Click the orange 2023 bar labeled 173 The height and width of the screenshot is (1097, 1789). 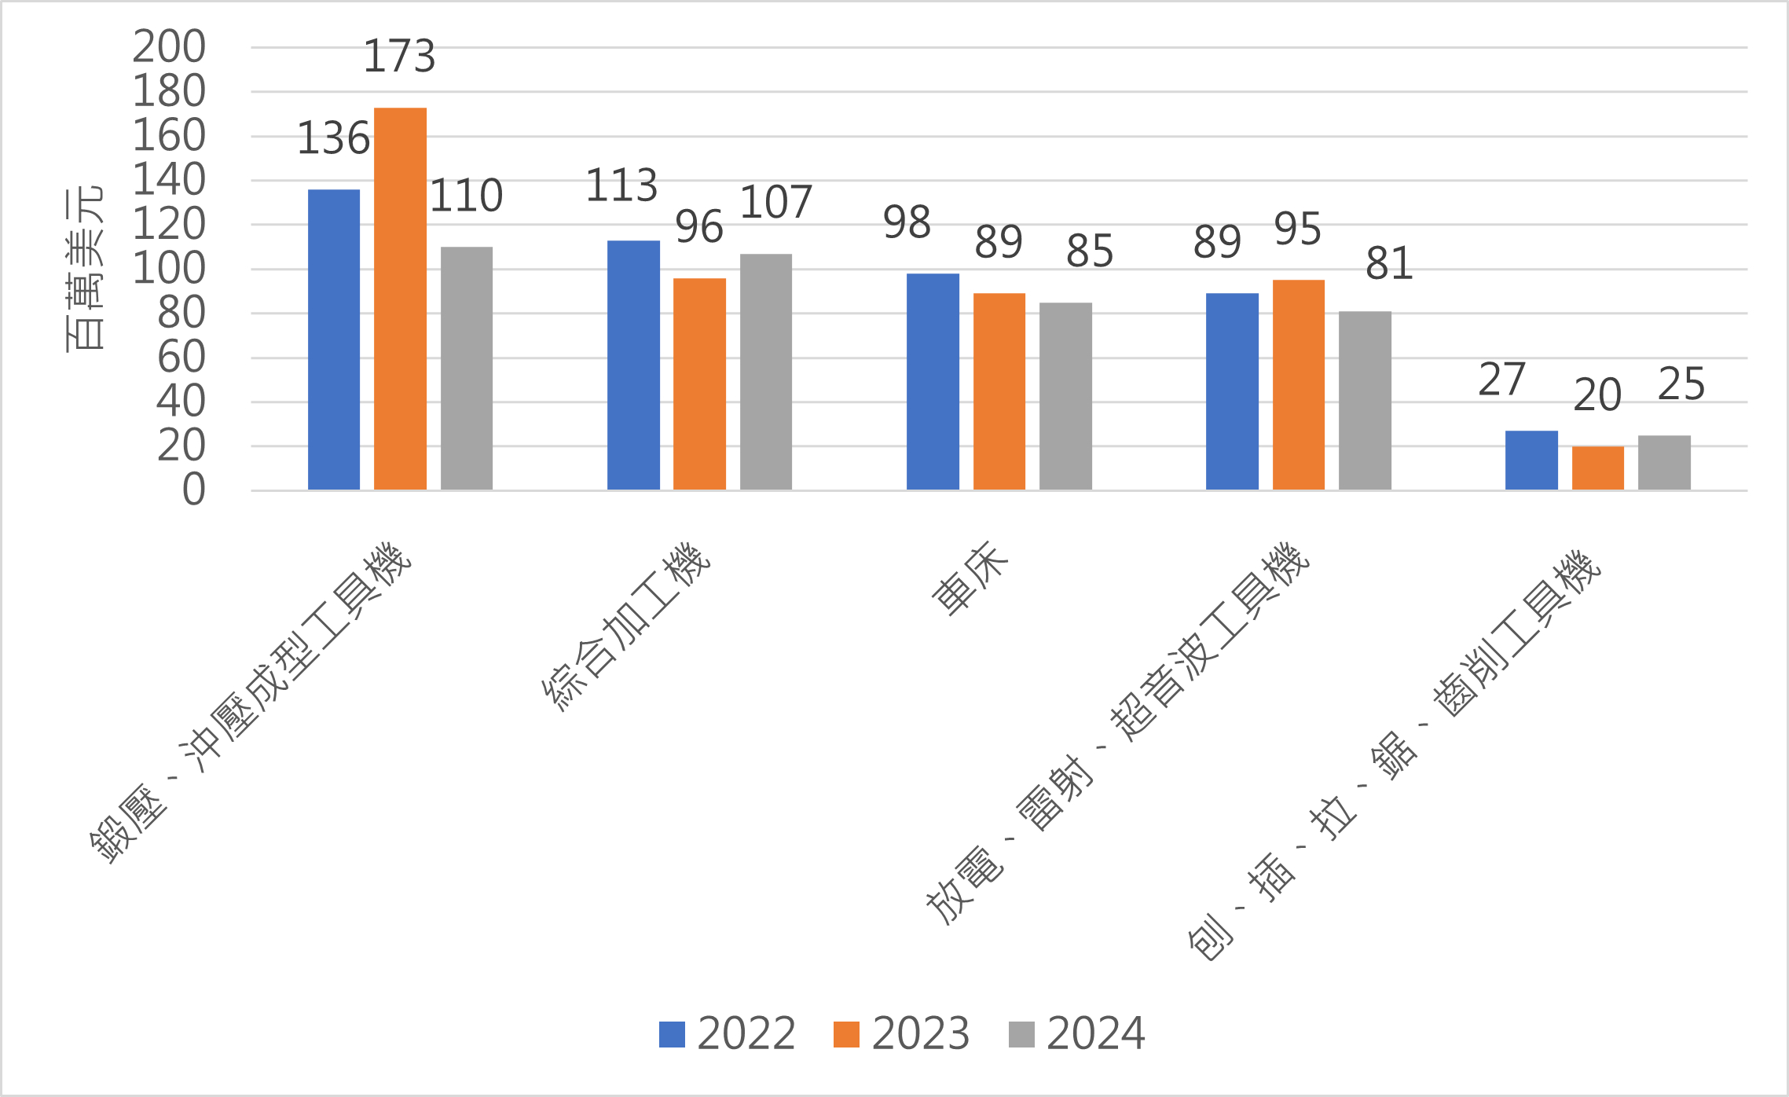[400, 299]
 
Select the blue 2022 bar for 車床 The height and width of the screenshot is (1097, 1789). [933, 382]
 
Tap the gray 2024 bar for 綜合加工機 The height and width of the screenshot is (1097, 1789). [766, 372]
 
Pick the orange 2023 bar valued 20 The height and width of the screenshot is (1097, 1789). [1597, 468]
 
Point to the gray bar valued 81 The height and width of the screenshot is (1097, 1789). [1365, 401]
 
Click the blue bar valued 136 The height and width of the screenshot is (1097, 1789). [334, 339]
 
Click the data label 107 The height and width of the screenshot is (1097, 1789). [775, 203]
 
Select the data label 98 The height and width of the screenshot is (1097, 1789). [907, 222]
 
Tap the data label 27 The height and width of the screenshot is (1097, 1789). [1501, 380]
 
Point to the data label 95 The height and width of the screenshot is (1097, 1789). [1297, 229]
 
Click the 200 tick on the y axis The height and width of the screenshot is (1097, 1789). [169, 47]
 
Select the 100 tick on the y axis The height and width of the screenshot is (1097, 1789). [169, 269]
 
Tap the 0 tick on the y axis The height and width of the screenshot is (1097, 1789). [193, 490]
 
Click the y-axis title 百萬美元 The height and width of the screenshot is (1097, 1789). [84, 269]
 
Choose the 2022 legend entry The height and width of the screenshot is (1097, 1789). [728, 1033]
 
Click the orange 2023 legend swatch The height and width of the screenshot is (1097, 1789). [846, 1034]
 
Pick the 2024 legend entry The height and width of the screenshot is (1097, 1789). [1077, 1033]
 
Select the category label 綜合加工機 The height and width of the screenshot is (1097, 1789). [627, 626]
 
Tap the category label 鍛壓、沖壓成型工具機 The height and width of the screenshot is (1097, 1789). [251, 703]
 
